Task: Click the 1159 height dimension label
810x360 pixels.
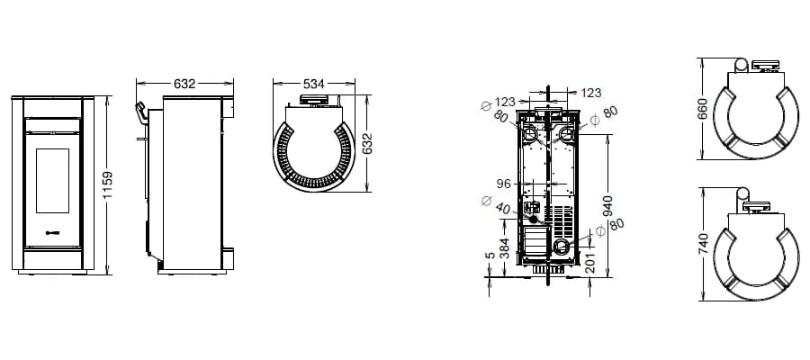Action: point(107,184)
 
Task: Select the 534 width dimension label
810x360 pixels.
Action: point(313,84)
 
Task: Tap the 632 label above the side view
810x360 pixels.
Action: point(184,84)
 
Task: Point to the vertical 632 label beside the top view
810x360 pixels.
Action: point(367,144)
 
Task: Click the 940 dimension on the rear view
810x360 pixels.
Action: point(607,206)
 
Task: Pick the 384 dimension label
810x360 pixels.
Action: point(505,248)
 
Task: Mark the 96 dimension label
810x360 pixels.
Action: point(503,184)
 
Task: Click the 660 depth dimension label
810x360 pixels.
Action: point(702,109)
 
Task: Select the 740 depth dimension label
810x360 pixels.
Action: point(702,243)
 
